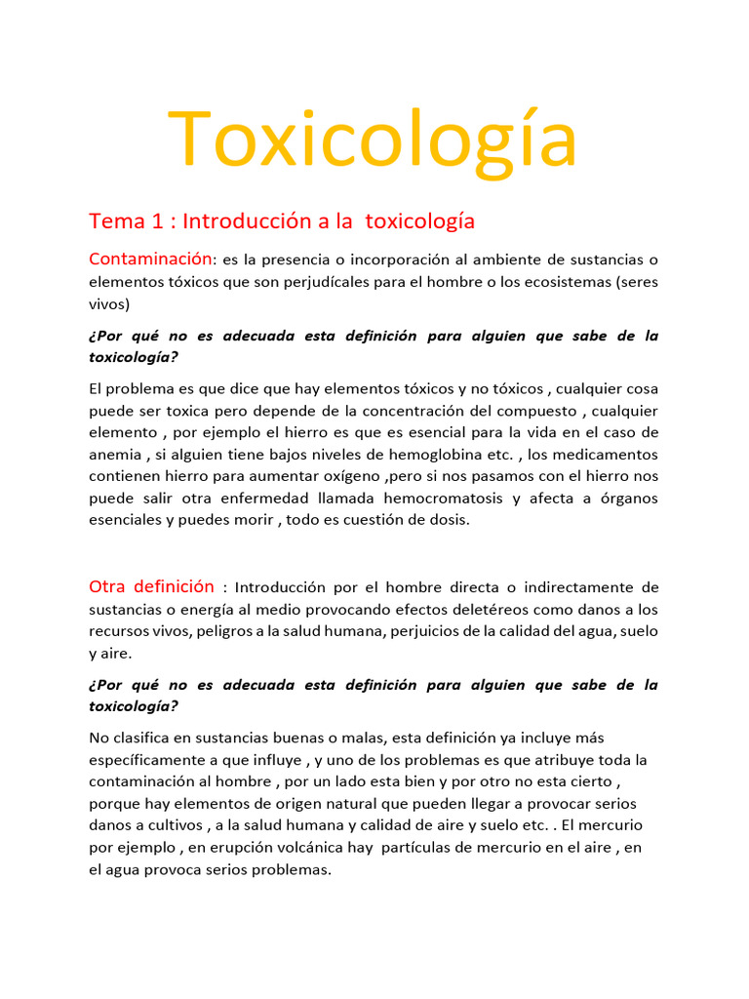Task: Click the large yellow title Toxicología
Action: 374,140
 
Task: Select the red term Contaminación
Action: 150,259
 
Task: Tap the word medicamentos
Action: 606,454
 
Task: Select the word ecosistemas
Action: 559,282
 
